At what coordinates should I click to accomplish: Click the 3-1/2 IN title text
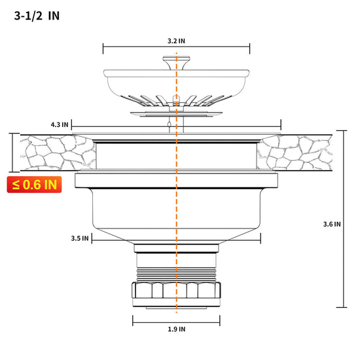coord(37,16)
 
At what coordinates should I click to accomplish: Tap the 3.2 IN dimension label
coord(176,41)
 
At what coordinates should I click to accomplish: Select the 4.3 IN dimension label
coord(60,124)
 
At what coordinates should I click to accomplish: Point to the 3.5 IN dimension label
coord(80,238)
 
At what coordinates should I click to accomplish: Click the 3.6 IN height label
coord(332,224)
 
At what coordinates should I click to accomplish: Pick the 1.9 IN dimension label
coord(176,329)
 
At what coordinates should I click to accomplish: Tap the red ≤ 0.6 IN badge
coord(34,185)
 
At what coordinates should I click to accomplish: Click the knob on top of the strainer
coord(176,62)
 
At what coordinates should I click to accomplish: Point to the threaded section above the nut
coord(176,274)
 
